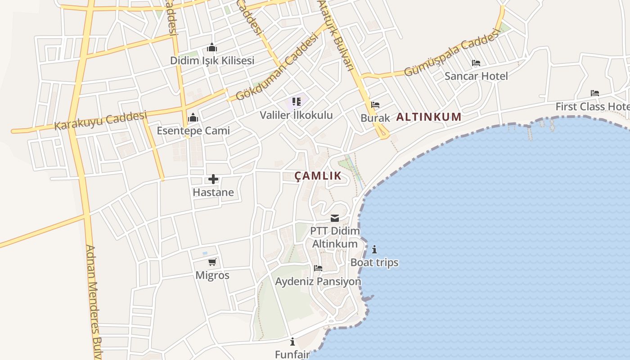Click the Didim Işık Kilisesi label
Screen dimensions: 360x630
[212, 60]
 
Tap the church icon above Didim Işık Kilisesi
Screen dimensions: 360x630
[212, 47]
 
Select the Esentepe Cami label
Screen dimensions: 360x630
[193, 130]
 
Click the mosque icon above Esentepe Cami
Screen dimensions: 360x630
[193, 118]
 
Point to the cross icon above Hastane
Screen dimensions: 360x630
[213, 180]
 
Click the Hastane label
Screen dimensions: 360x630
[213, 192]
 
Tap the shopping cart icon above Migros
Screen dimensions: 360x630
[212, 262]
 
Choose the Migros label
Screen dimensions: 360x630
[212, 275]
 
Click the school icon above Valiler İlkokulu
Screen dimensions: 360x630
[296, 102]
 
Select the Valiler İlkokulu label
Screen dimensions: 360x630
[296, 115]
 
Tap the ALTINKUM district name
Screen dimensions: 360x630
[429, 117]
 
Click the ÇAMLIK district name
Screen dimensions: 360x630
[318, 176]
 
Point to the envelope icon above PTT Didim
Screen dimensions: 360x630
[335, 218]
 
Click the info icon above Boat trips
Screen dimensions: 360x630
[374, 249]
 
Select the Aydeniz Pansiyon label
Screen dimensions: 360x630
[318, 281]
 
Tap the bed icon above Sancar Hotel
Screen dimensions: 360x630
[476, 63]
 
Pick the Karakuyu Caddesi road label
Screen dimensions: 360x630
[101, 121]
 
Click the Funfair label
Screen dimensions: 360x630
[292, 354]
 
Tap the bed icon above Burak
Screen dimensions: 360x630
[375, 105]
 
